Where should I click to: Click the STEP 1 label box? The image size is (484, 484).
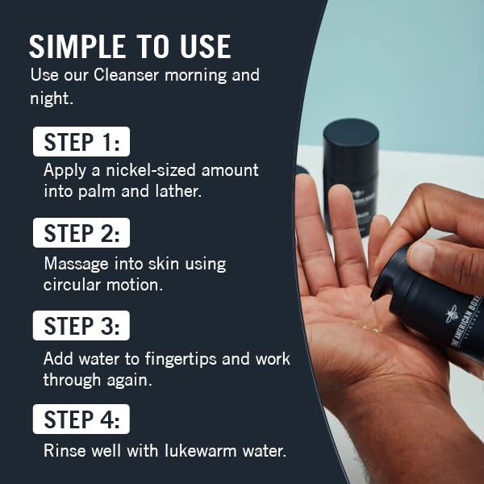pos(81,142)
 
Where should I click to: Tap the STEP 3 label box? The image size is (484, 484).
pos(81,326)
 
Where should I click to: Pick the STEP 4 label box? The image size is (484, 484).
pos(81,419)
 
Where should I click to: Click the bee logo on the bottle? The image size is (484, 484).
pos(453,316)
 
